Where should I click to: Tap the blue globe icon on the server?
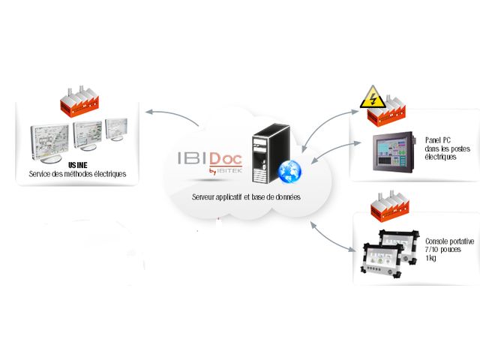[x=289, y=171]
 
